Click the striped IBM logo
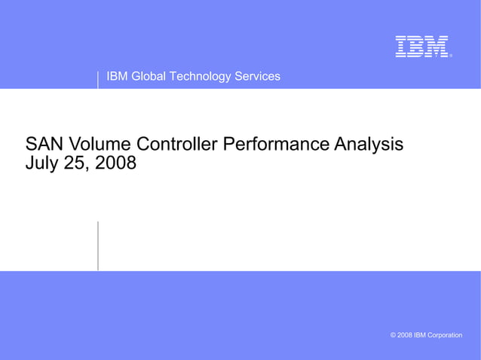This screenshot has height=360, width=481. pos(422,47)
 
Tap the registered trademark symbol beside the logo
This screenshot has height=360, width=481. pos(451,55)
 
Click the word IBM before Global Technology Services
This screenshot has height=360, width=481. pos(118,76)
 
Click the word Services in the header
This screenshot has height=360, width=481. pos(257,76)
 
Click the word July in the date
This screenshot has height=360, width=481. pos(42,163)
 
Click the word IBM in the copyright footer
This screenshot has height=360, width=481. pos(421,335)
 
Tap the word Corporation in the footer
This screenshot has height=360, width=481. pos(445,335)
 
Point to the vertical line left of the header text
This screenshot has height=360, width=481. pos(98,79)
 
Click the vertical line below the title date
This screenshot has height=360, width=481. pos(98,246)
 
